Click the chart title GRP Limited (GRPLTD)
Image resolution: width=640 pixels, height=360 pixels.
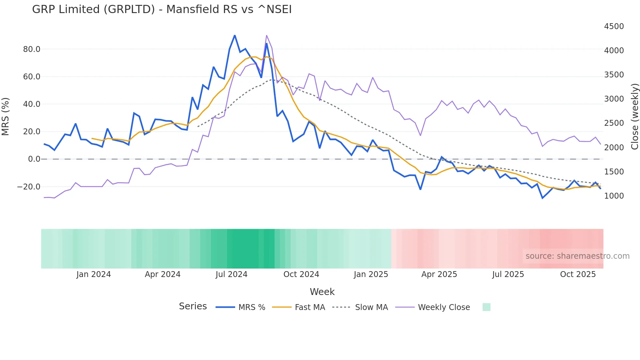(162, 9)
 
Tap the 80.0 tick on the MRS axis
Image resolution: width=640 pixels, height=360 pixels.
(32, 49)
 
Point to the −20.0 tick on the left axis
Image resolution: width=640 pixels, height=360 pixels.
(29, 187)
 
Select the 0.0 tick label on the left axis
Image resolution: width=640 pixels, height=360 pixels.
(34, 159)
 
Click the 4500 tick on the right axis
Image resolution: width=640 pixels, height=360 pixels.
(614, 26)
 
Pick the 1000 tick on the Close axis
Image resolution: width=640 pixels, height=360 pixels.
(614, 196)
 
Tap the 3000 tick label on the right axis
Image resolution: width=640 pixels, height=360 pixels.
(614, 99)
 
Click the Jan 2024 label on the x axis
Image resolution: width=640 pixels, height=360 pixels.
(93, 274)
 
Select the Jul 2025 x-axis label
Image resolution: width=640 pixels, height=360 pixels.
(508, 274)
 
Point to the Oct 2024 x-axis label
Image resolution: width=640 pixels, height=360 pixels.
(301, 274)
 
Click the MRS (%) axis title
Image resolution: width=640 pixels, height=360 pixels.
(6, 117)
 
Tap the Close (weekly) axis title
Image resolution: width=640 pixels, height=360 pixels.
(634, 117)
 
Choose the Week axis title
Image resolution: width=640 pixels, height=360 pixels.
(322, 292)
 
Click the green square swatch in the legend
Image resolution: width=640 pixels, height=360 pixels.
(486, 307)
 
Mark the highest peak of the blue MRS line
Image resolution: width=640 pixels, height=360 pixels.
(234, 36)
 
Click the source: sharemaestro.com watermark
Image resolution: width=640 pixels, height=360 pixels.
(577, 256)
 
